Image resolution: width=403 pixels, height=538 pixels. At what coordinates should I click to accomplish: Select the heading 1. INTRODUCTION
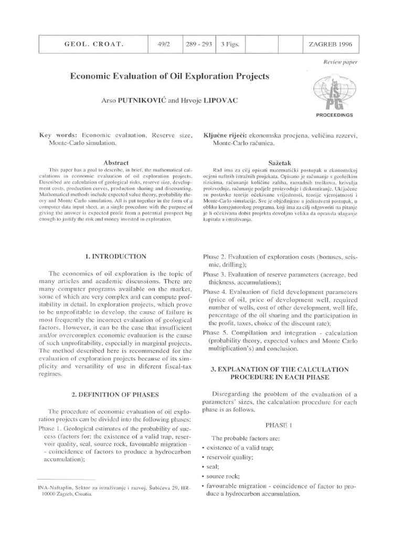tap(116, 256)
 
